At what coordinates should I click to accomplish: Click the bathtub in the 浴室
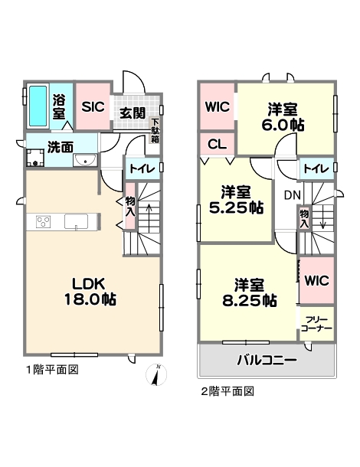(x=38, y=106)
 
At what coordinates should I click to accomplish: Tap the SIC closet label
(x=93, y=106)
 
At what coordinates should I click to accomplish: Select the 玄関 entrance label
(x=133, y=113)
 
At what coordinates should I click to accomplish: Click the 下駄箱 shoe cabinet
(x=155, y=131)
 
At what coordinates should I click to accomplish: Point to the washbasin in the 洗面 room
(x=86, y=160)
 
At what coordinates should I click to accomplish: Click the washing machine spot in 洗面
(x=35, y=158)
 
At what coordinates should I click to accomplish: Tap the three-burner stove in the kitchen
(x=43, y=222)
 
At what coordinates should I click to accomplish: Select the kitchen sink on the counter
(x=77, y=222)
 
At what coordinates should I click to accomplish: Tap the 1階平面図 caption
(x=52, y=370)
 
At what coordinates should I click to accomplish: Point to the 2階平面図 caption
(x=228, y=391)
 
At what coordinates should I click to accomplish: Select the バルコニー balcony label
(x=267, y=361)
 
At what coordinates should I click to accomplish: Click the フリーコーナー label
(x=316, y=325)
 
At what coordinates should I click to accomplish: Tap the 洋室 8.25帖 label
(x=250, y=292)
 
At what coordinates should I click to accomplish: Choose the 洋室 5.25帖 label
(x=236, y=200)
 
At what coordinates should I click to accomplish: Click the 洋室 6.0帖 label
(x=283, y=117)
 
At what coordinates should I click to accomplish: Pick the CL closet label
(x=218, y=145)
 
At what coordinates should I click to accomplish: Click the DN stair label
(x=293, y=195)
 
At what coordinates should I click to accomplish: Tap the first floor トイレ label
(x=142, y=169)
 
